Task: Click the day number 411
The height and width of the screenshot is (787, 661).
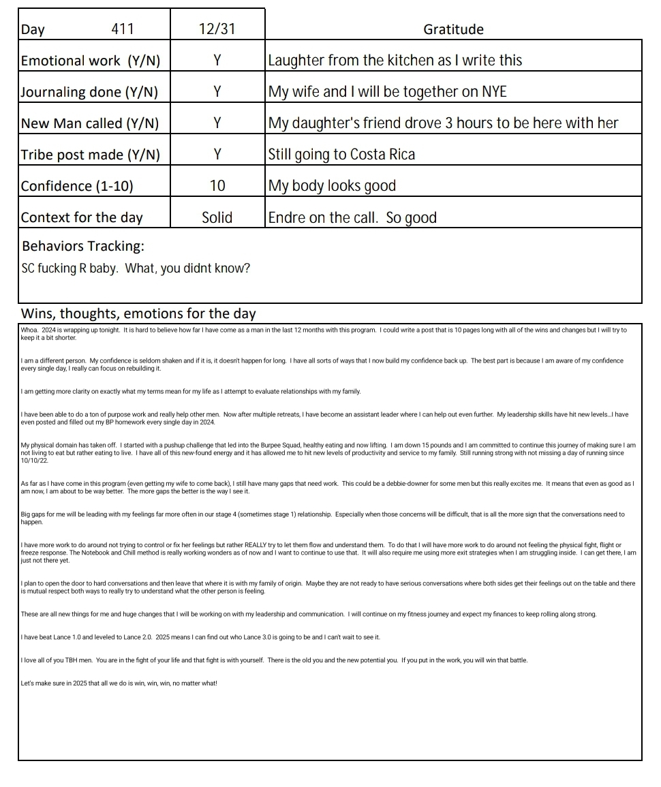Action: (123, 29)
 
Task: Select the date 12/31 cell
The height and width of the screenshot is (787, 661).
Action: (217, 29)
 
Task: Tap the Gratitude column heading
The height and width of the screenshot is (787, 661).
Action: (453, 29)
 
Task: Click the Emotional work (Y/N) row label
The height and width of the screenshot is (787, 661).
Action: (91, 61)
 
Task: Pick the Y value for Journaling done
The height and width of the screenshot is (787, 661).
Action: (217, 92)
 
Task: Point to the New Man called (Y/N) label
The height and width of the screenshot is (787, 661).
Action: (90, 123)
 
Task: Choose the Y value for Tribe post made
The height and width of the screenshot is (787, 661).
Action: (217, 155)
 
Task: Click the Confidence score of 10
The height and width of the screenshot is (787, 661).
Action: (217, 186)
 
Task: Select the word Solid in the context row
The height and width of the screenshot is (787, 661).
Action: (217, 218)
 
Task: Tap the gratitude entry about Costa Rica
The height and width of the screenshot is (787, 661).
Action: (341, 155)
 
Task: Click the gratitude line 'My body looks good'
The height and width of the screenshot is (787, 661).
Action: (332, 186)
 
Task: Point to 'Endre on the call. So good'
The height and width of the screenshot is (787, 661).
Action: (352, 218)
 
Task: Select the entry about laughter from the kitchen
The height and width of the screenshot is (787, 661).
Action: (395, 61)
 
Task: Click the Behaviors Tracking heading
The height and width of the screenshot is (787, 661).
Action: (83, 246)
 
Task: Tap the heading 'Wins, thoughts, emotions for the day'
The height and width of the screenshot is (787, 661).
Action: (139, 314)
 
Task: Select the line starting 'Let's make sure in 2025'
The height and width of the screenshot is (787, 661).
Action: (119, 683)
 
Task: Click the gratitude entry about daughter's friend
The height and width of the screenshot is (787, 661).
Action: (443, 123)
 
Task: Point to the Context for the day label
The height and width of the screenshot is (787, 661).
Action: (82, 218)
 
